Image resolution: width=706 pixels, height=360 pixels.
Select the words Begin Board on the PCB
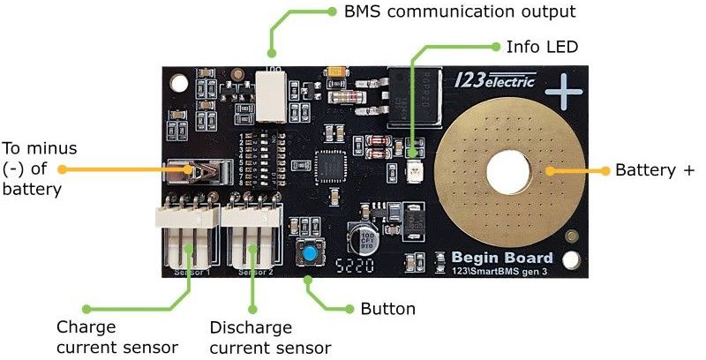click(x=501, y=258)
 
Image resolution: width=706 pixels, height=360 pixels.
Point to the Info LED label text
click(x=541, y=45)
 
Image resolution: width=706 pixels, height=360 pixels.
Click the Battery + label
click(x=654, y=169)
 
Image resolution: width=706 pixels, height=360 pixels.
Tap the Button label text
click(x=387, y=309)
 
